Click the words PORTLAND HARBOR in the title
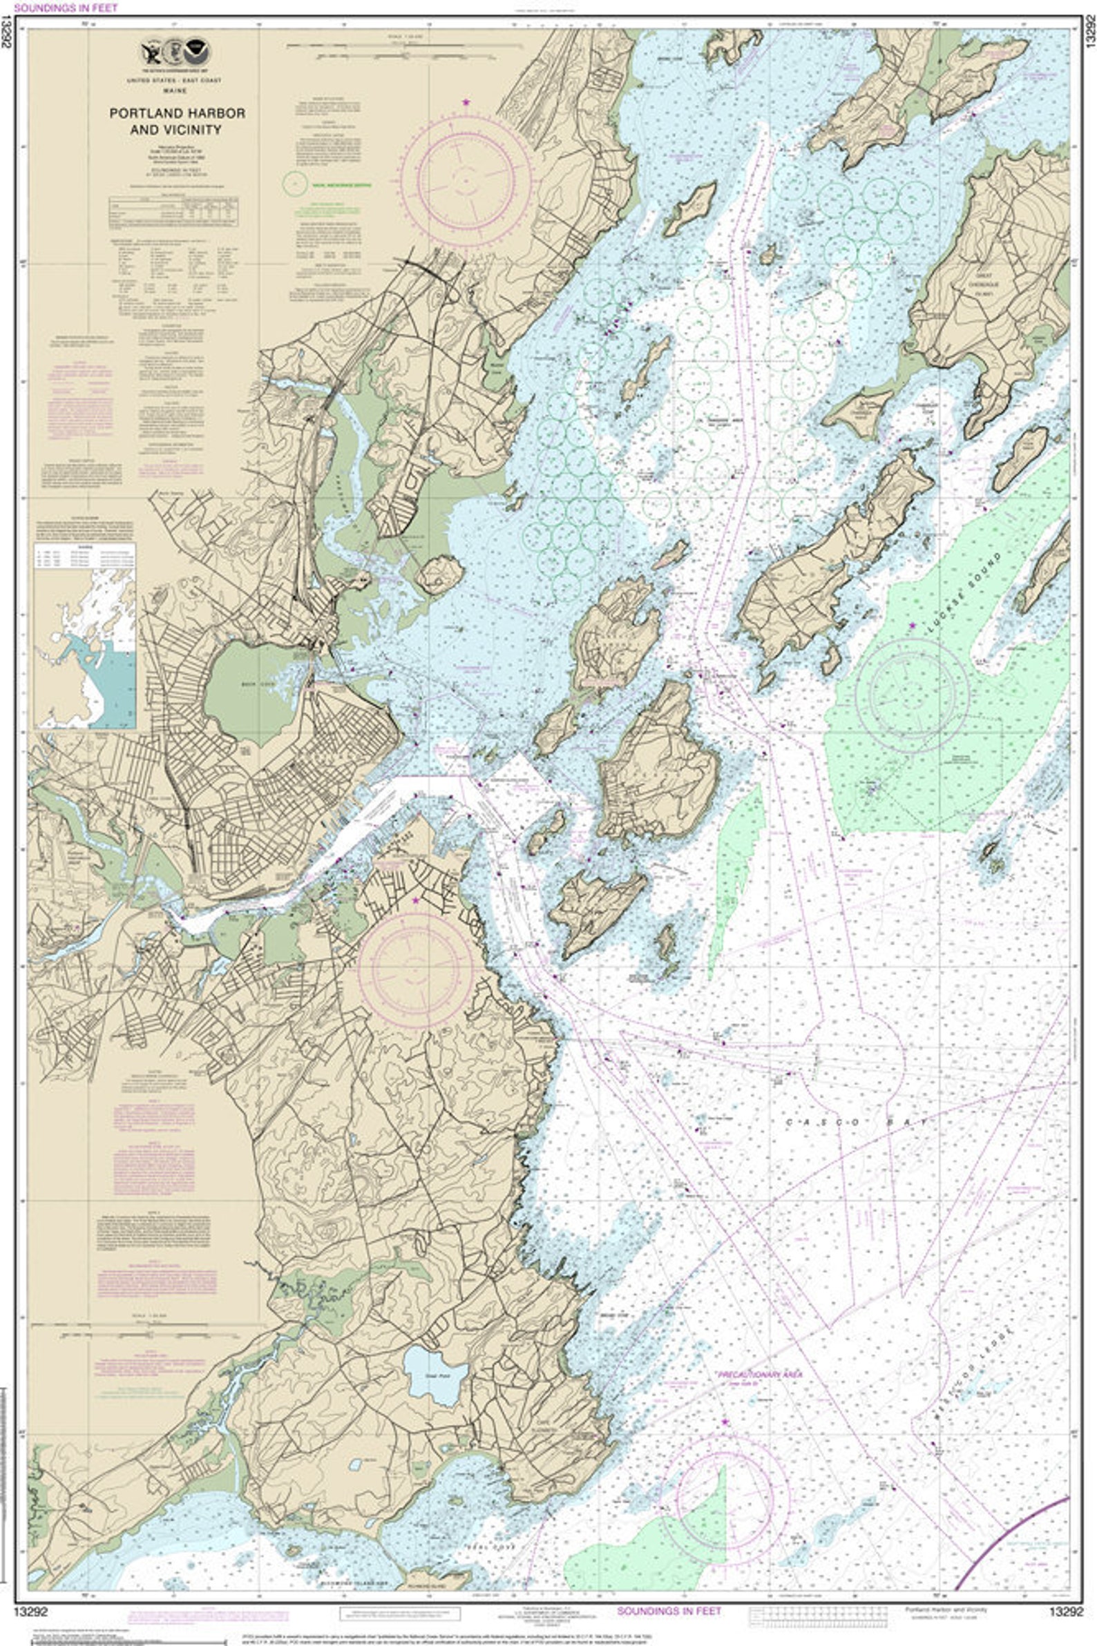[x=177, y=113]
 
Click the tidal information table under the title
[x=173, y=212]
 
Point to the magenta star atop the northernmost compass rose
[x=466, y=103]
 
